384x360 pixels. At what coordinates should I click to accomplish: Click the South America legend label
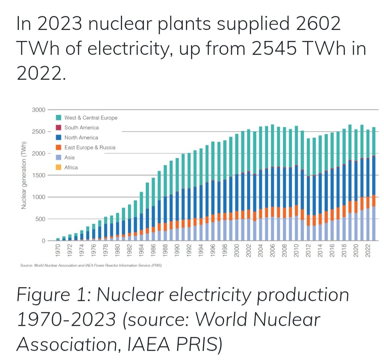click(81, 128)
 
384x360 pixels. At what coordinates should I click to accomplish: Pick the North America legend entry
click(81, 138)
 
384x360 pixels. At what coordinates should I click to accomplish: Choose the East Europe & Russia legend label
click(90, 148)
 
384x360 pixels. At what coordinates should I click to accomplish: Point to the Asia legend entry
click(69, 157)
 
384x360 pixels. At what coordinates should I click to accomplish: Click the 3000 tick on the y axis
click(39, 110)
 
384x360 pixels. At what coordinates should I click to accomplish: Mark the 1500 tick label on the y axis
click(39, 175)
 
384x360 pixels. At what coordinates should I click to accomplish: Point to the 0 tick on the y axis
click(43, 241)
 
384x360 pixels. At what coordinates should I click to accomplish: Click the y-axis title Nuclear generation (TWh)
click(24, 175)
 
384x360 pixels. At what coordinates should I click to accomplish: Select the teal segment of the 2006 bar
click(272, 146)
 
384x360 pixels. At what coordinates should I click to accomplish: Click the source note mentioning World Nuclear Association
click(91, 265)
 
